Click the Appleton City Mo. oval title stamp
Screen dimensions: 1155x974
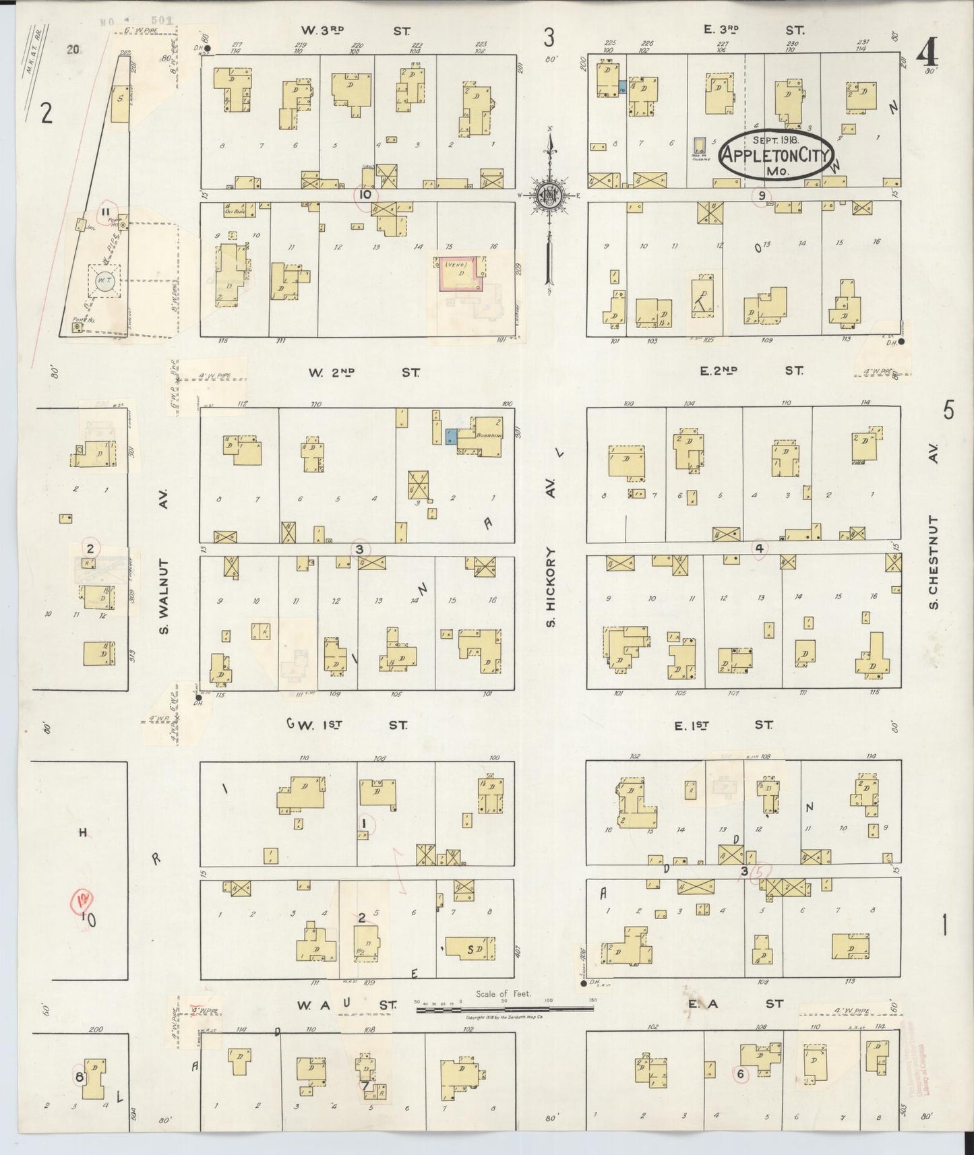tap(777, 156)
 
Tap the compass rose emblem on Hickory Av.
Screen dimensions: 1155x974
tap(550, 195)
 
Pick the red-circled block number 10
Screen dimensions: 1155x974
tap(366, 195)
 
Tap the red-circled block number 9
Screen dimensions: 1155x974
tap(762, 196)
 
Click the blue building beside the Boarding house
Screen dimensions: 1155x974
tap(450, 436)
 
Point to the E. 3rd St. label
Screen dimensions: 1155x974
tap(748, 30)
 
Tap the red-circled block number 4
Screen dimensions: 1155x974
tap(759, 549)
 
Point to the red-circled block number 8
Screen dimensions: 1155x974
tap(80, 1078)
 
